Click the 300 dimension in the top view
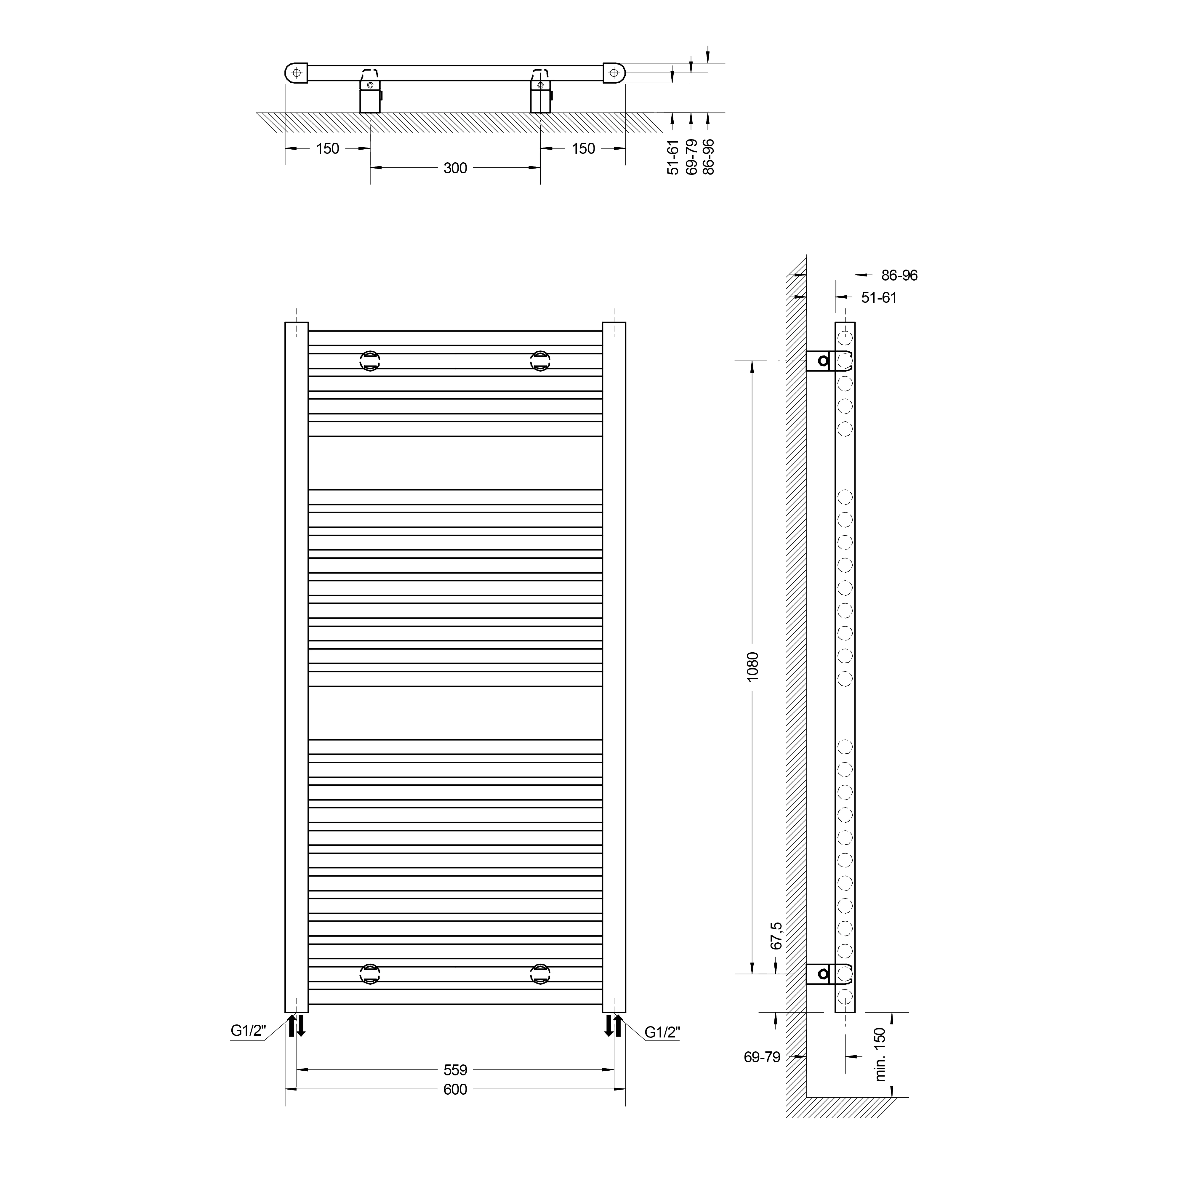pos(455,168)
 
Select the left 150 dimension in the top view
pos(328,148)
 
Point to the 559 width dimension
pos(455,1070)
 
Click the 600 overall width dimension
pos(455,1089)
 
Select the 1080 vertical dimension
pos(753,665)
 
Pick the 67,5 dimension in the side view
pos(776,935)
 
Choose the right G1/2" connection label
pos(662,1032)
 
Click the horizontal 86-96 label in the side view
pos(899,276)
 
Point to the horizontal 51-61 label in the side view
pos(879,297)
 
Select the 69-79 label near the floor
pos(762,1057)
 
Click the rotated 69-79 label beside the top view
pos(691,157)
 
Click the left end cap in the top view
pos(296,73)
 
